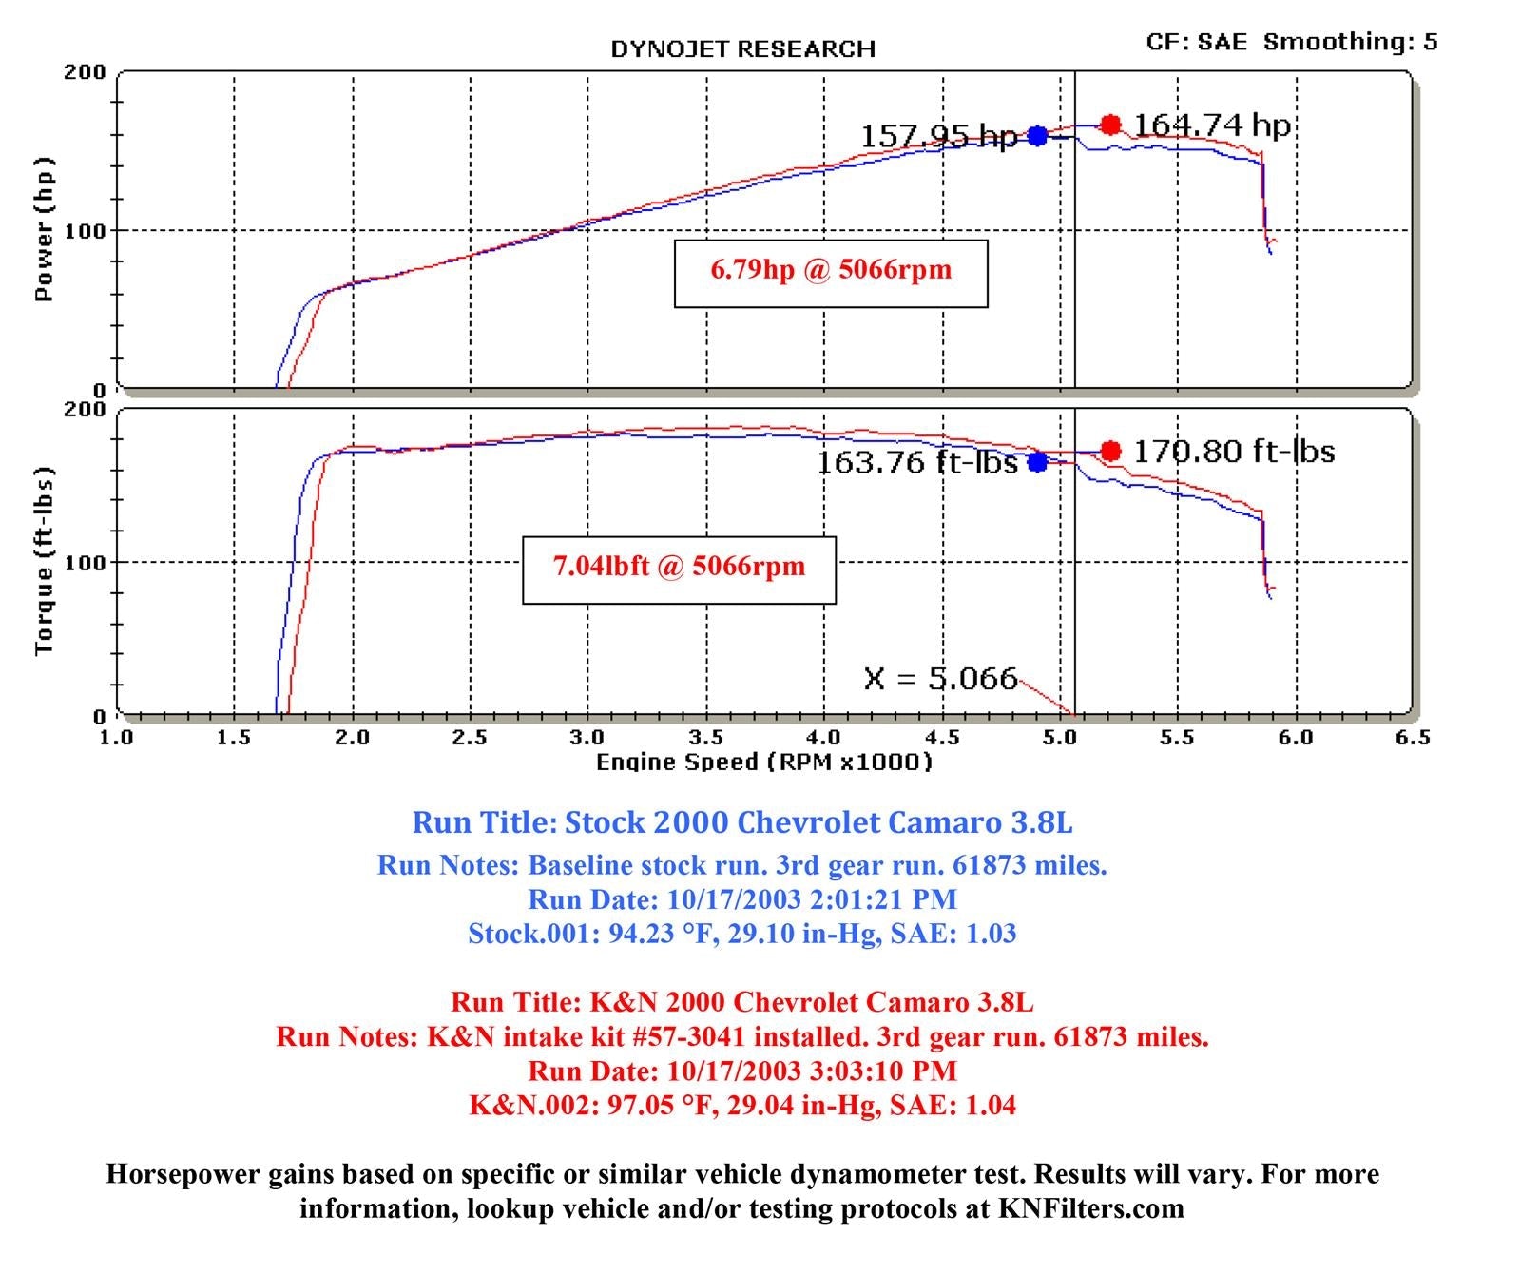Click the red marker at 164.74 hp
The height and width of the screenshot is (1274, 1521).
pyautogui.click(x=1110, y=125)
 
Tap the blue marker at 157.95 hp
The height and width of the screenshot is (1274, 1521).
pyautogui.click(x=1037, y=136)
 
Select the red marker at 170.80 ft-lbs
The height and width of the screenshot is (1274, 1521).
pyautogui.click(x=1110, y=451)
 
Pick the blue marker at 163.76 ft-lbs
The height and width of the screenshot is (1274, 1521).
pyautogui.click(x=1037, y=462)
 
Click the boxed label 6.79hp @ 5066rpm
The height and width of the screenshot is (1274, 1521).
pyautogui.click(x=831, y=270)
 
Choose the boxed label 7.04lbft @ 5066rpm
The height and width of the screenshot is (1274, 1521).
pyautogui.click(x=679, y=568)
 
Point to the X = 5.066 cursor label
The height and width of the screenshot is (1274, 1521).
pyautogui.click(x=940, y=679)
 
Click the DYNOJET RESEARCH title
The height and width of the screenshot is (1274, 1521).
pyautogui.click(x=742, y=49)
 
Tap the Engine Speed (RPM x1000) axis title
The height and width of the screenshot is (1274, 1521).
pyautogui.click(x=764, y=762)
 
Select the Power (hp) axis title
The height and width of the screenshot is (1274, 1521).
pyautogui.click(x=44, y=229)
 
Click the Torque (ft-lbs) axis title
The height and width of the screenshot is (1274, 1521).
pyautogui.click(x=44, y=561)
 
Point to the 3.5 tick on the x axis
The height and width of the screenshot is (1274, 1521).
pyautogui.click(x=705, y=738)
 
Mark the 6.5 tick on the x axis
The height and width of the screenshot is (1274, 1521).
pyautogui.click(x=1413, y=738)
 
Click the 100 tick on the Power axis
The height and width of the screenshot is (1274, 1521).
pyautogui.click(x=86, y=231)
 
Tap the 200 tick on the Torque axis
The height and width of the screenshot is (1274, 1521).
pyautogui.click(x=86, y=410)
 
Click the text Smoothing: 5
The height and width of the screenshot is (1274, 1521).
pyautogui.click(x=1350, y=42)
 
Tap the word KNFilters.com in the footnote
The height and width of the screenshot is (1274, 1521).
pyautogui.click(x=1090, y=1208)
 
